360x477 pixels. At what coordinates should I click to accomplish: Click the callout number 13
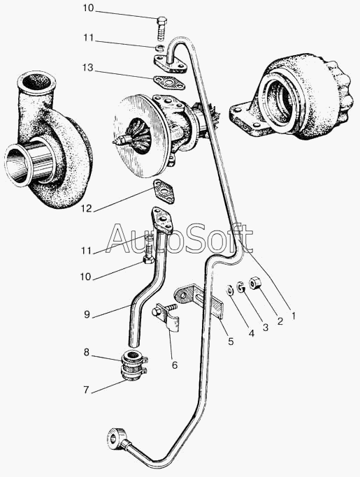87,67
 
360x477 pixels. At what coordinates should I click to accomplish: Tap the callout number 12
87,209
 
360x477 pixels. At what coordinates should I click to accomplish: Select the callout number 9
87,314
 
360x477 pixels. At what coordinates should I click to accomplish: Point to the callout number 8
87,352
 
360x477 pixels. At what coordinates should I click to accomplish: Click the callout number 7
87,390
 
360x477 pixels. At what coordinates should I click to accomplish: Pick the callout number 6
175,365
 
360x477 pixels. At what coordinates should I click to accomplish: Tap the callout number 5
231,342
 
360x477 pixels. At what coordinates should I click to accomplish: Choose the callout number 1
294,316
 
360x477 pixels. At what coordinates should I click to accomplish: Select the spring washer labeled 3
241,286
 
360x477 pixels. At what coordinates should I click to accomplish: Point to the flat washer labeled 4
230,290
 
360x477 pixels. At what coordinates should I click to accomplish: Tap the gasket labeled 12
164,191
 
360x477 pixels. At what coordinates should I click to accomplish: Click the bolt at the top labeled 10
161,28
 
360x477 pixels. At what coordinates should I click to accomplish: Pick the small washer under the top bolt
160,47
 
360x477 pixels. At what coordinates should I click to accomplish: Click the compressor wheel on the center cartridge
138,135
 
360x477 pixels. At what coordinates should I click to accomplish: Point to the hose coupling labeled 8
134,365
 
